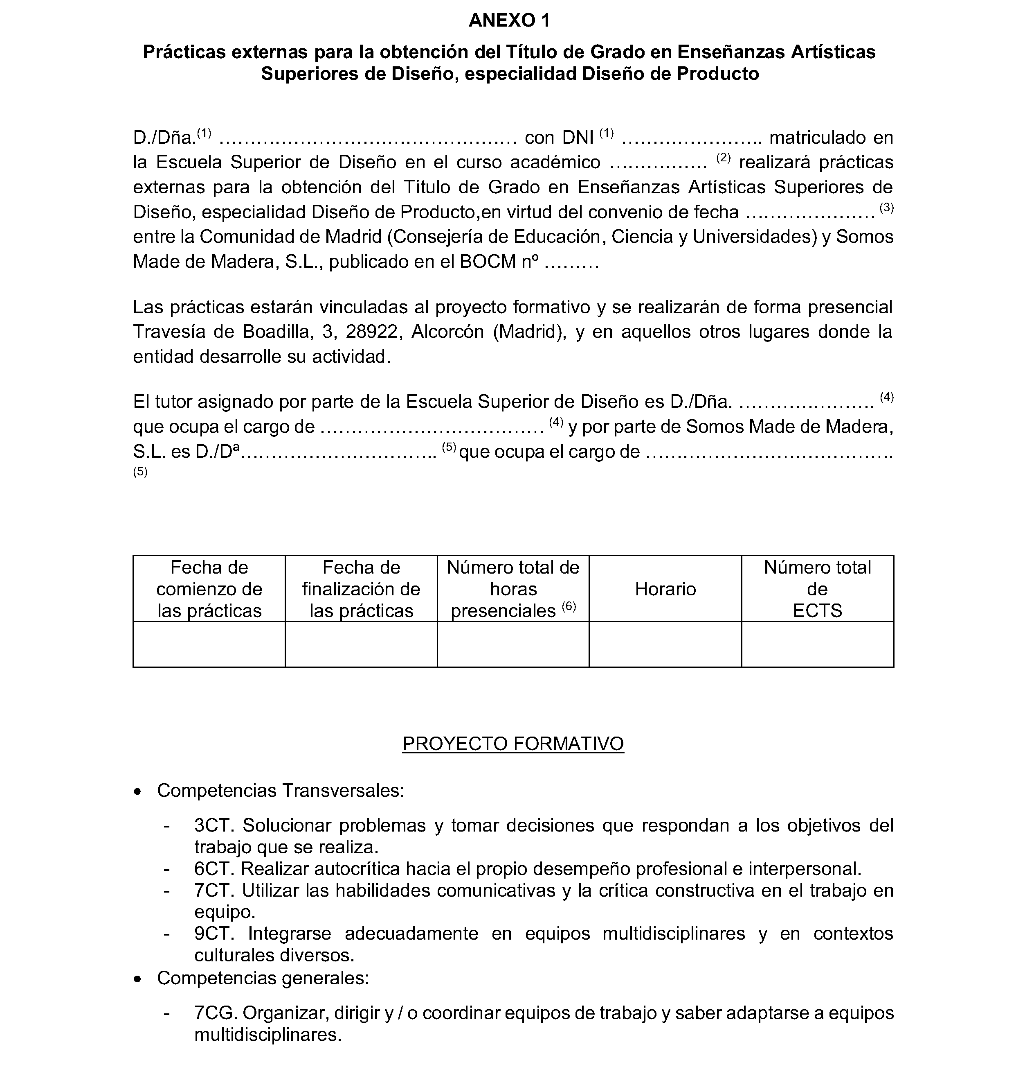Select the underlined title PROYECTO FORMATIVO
click(512, 743)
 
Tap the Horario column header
click(665, 589)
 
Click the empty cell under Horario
click(665, 644)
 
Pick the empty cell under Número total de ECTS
click(817, 644)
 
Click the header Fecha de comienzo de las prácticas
click(209, 589)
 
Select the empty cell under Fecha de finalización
click(361, 644)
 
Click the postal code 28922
click(373, 332)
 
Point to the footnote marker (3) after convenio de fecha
click(886, 207)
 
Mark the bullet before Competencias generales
click(139, 979)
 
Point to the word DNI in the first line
click(578, 138)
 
